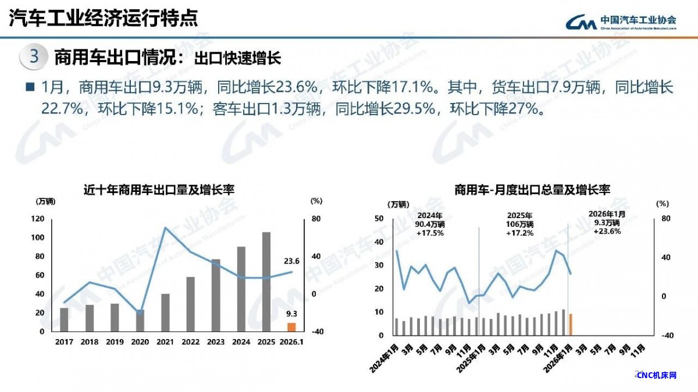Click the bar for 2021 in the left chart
click(x=165, y=312)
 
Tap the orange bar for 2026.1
click(x=291, y=327)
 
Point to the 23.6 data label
click(x=291, y=261)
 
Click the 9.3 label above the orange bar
click(x=291, y=314)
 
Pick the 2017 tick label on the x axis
click(x=64, y=342)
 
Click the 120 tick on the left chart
click(x=38, y=219)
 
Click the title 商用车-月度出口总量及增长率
click(x=532, y=190)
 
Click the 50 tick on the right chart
click(x=379, y=219)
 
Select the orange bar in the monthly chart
click(x=571, y=325)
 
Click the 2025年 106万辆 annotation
click(x=519, y=224)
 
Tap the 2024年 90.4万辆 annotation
click(x=430, y=224)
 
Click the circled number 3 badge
click(x=34, y=57)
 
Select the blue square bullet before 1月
click(x=30, y=87)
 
